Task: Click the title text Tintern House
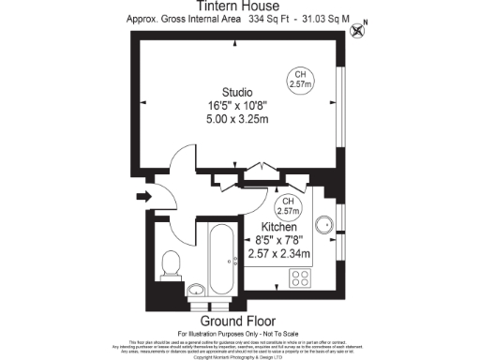click(238, 7)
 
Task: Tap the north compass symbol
click(356, 31)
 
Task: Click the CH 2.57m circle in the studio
click(300, 80)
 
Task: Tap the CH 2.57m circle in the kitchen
click(288, 207)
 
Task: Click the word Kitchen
click(278, 227)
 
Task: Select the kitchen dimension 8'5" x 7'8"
click(278, 240)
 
